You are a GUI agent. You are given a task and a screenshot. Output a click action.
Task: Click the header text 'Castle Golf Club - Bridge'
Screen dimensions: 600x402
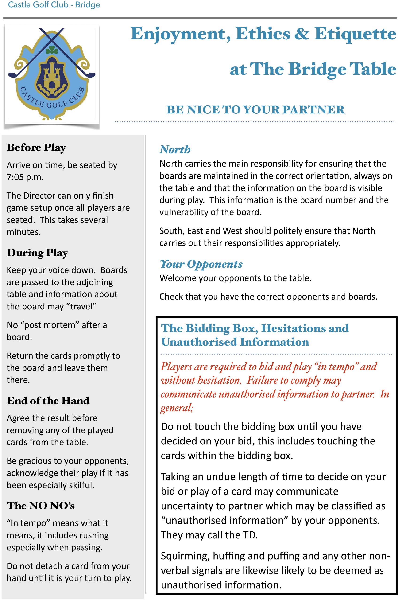(x=54, y=5)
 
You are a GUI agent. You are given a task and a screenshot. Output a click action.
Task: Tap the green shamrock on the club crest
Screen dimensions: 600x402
(x=52, y=50)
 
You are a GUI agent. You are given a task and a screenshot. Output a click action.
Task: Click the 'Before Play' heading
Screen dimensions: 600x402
(x=36, y=148)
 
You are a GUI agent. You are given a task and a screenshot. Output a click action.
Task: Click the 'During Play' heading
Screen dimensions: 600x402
(x=37, y=253)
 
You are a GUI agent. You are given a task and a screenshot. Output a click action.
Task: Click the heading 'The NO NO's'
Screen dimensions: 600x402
(x=41, y=506)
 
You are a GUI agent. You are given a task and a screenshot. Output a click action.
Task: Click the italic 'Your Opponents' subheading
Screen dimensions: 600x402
(x=201, y=264)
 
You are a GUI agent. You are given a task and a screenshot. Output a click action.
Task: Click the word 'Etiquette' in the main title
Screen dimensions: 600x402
(x=355, y=34)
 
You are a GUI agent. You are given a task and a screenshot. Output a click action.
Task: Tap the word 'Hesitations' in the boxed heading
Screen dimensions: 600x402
(x=292, y=328)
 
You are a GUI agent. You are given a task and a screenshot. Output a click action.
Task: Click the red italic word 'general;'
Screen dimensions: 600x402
(x=177, y=408)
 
